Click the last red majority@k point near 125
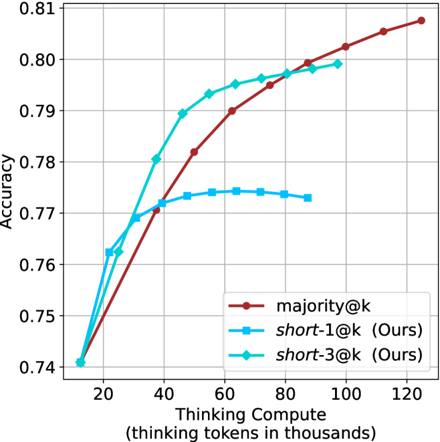tap(421, 21)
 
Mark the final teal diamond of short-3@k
tap(338, 64)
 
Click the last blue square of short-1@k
tap(308, 198)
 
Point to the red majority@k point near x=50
tap(194, 152)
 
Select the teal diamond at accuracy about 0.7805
tap(156, 159)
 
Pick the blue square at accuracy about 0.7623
tap(110, 252)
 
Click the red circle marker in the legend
tap(246, 306)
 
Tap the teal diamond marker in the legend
tap(246, 354)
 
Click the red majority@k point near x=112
tap(384, 31)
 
